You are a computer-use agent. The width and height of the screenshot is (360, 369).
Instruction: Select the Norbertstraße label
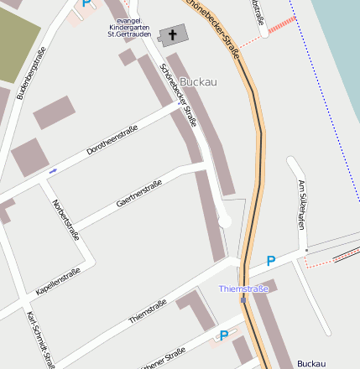tap(65, 220)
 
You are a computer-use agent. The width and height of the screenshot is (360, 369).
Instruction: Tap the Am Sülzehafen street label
tap(302, 205)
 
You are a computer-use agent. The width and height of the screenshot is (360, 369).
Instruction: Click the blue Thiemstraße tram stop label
tap(243, 288)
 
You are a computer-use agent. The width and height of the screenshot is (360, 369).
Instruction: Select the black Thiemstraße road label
tap(149, 308)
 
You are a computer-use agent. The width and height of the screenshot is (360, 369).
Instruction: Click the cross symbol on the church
tap(174, 35)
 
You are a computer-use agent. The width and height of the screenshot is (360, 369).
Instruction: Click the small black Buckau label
tap(310, 364)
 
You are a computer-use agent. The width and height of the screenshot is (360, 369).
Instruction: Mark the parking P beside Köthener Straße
tap(223, 335)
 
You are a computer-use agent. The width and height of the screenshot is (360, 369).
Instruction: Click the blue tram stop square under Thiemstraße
tap(243, 299)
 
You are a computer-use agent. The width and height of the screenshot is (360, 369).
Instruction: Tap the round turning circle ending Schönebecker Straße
tap(224, 220)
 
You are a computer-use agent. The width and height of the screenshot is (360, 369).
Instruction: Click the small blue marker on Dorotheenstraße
tap(53, 171)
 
